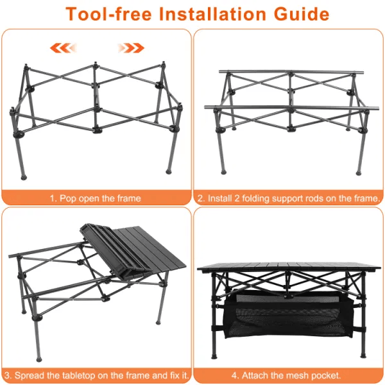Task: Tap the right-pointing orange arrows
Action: point(132,47)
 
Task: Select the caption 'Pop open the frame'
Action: point(96,198)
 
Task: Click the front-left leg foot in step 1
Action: point(24,175)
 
